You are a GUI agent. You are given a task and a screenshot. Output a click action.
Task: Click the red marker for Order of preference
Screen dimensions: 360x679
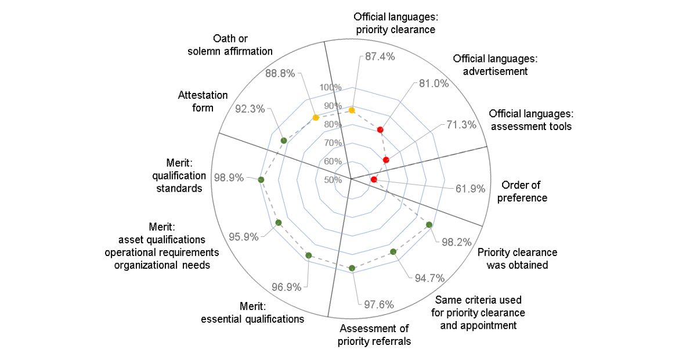[x=374, y=179]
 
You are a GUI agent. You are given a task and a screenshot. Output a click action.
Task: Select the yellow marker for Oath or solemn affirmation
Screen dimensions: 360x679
[x=316, y=118]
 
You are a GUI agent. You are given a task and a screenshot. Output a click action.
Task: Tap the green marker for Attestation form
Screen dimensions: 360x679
[x=284, y=141]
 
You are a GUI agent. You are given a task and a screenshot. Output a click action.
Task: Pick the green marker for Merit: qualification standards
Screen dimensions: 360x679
[x=261, y=180]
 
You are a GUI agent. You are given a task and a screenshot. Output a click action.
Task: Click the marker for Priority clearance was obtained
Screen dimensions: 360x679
[x=429, y=225]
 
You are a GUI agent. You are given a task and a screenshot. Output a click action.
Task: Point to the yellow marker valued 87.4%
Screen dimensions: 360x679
[x=352, y=109]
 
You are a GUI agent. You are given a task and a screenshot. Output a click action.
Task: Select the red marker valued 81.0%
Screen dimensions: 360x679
[x=380, y=129]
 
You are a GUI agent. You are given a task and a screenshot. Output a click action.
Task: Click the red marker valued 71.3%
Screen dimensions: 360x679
[x=386, y=160]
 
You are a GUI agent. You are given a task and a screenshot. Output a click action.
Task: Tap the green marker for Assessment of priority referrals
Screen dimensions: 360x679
[x=352, y=268]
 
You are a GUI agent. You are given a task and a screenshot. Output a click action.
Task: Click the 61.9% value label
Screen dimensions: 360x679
[x=469, y=188]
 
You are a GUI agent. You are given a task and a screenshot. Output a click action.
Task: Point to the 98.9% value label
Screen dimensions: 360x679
[x=229, y=178]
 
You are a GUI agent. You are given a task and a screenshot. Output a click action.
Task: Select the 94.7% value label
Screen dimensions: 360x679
[x=429, y=278]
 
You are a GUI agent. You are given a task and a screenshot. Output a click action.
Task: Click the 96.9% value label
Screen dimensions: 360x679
[x=287, y=287]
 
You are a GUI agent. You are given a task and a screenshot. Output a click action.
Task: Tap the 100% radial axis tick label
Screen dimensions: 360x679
[x=330, y=87]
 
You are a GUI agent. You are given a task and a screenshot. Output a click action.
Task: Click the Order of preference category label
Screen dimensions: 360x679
[x=521, y=191]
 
